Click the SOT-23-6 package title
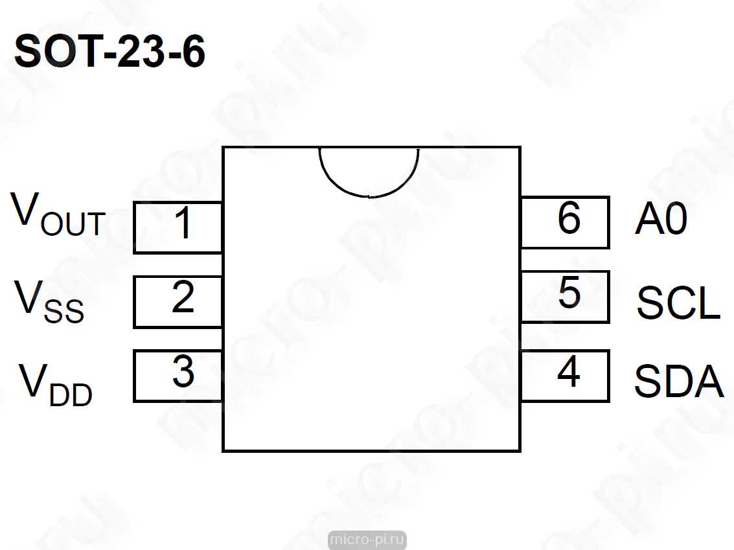(x=109, y=51)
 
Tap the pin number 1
(x=183, y=223)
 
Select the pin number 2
(x=183, y=297)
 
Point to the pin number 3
(x=183, y=371)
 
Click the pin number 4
(x=569, y=371)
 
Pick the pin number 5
(x=569, y=293)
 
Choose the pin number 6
(x=569, y=218)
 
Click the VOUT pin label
(x=58, y=214)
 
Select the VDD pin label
(x=55, y=385)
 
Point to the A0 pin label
(x=661, y=218)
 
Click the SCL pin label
(x=678, y=303)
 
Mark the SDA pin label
(x=679, y=381)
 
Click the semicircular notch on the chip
(x=369, y=196)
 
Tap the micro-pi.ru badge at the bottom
(x=367, y=540)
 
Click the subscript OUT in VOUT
(x=73, y=223)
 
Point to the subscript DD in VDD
(x=71, y=394)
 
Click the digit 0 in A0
(x=675, y=218)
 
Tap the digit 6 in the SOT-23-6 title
(x=193, y=51)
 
